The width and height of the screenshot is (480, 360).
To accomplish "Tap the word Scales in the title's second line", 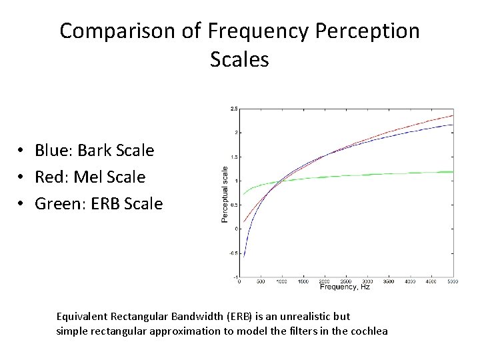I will (x=239, y=60).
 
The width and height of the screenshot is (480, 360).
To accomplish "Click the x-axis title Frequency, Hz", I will (x=345, y=287).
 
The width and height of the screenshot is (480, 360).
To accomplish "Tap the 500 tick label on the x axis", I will (x=261, y=282).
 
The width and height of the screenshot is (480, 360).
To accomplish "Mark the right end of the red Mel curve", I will (x=453, y=115).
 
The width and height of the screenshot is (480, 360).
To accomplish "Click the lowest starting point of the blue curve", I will (x=244, y=257).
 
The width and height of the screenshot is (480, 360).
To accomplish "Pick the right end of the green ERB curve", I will (x=453, y=171).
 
